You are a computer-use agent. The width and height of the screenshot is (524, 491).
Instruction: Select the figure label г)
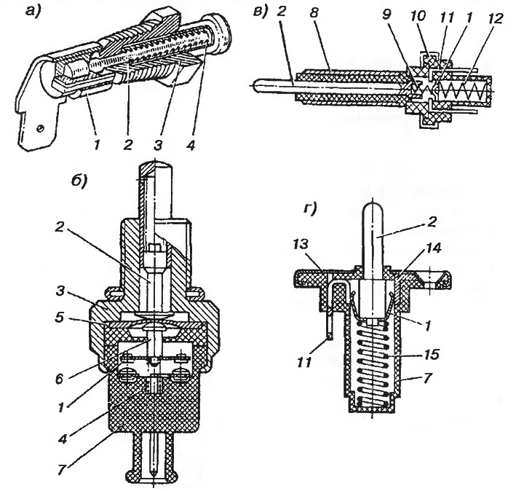tap(310, 209)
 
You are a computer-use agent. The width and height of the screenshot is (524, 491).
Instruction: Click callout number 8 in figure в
tap(314, 14)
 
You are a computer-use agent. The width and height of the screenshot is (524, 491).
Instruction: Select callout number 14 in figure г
tap(433, 248)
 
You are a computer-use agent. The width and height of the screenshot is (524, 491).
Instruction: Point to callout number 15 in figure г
tap(432, 354)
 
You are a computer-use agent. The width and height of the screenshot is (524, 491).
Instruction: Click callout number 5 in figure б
tap(60, 317)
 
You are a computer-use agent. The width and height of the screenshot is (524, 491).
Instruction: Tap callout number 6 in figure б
tap(59, 379)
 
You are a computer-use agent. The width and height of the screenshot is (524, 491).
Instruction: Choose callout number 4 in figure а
tap(191, 145)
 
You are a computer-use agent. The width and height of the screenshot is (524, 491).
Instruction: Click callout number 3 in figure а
tap(158, 145)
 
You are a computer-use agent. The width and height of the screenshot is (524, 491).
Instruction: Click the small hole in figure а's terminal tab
tap(41, 128)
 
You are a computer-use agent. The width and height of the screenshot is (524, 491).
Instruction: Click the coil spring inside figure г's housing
tap(373, 364)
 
